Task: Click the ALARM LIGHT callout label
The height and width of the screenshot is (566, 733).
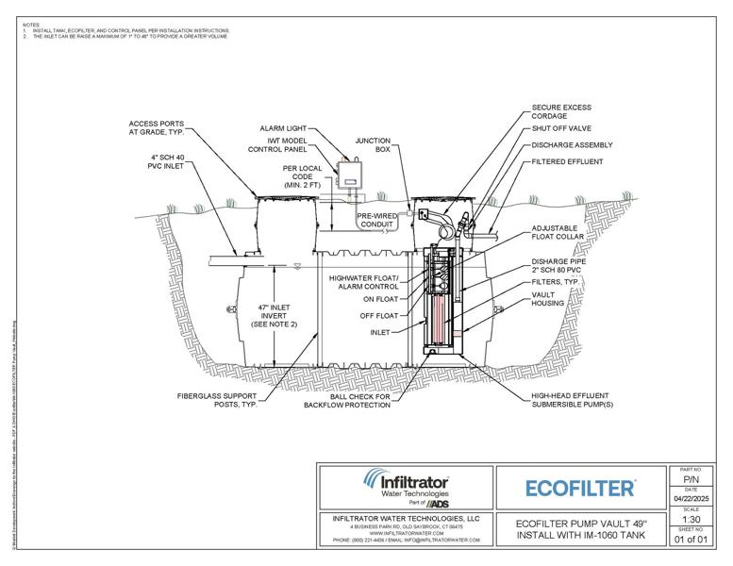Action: [x=283, y=127]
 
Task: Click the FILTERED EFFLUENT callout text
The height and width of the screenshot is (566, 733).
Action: [x=569, y=160]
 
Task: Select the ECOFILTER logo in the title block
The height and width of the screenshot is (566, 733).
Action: [x=579, y=488]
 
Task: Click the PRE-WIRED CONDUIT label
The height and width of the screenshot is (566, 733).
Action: [x=381, y=220]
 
